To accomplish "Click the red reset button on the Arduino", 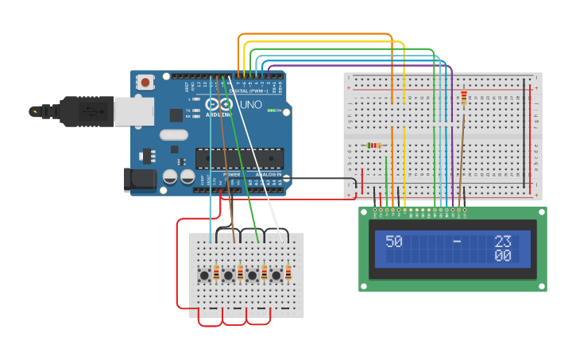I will point(145,82).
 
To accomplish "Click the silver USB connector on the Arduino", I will point(133,112).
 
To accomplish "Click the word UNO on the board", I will point(251,105).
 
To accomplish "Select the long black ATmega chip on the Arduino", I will point(239,157).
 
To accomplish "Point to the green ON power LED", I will point(270,110).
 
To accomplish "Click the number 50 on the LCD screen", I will point(394,242).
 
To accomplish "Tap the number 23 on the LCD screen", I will point(502,242).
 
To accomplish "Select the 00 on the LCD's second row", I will point(502,256).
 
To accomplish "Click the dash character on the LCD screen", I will point(457,242).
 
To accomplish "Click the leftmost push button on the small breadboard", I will point(204,275).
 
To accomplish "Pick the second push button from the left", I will point(228,275).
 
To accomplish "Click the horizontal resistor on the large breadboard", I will point(373,145).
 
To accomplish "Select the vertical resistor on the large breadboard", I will point(464,97).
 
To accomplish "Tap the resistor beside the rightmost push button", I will point(288,273).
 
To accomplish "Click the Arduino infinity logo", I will point(220,104).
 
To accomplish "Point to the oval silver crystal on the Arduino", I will point(174,135).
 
